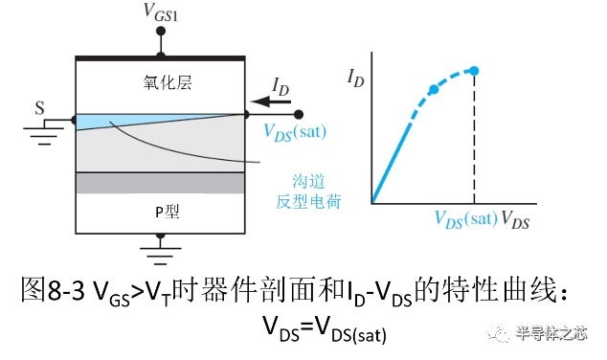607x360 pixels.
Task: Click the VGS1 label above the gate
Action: pos(160,12)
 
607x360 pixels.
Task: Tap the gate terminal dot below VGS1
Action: pos(160,31)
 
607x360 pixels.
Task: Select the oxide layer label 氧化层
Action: pos(168,82)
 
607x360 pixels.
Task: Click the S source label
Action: pos(39,107)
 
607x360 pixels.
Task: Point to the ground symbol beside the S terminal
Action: pos(44,133)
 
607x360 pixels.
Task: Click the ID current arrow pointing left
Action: pos(271,101)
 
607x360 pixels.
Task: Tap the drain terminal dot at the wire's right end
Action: pos(298,115)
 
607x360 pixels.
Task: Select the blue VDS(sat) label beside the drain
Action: pos(295,132)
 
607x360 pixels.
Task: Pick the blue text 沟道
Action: pos(308,181)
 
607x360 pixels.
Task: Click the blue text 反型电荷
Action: pos(308,202)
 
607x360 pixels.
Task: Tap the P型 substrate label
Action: pos(168,212)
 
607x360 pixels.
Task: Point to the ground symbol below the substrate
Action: pos(160,253)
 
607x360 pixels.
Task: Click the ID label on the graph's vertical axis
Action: pos(356,79)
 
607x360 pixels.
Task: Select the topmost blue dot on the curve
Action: pos(474,71)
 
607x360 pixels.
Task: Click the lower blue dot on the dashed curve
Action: pos(434,89)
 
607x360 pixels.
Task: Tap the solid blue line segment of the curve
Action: pos(391,163)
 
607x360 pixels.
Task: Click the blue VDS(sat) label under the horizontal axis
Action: pos(466,219)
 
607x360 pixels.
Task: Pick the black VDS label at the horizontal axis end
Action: pos(515,220)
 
